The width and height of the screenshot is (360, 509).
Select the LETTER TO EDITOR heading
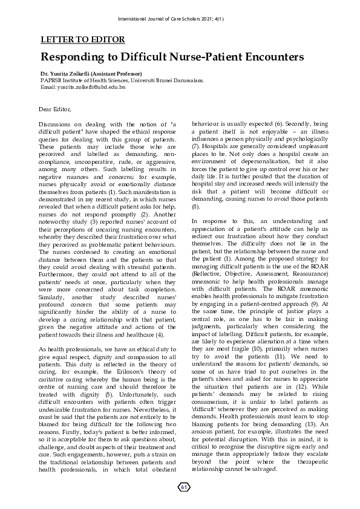pos(82,40)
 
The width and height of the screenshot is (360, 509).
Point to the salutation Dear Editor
pos(54,109)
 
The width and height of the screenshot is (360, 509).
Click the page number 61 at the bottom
pos(183,487)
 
